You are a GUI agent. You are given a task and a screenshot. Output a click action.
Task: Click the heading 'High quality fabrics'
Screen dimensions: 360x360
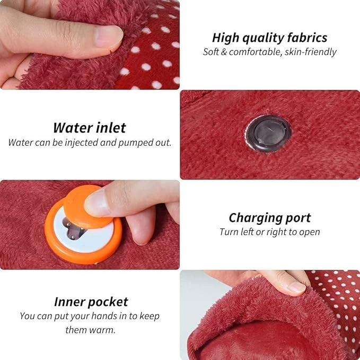[x=269, y=38]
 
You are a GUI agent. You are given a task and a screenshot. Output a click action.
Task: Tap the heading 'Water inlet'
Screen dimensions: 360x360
[x=90, y=128]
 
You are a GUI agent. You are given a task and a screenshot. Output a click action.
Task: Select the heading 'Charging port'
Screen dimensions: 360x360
[x=270, y=218]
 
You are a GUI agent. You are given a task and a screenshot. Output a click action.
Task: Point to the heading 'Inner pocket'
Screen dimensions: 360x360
[x=91, y=302]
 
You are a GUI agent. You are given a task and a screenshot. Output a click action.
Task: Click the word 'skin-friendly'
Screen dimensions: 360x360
[x=311, y=52]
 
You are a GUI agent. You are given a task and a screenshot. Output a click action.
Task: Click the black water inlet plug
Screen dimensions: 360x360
[x=268, y=134]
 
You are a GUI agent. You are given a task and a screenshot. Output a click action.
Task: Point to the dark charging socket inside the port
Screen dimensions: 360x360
[x=73, y=229]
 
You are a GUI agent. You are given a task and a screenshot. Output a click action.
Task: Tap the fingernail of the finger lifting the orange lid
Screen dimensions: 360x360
[x=97, y=203]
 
